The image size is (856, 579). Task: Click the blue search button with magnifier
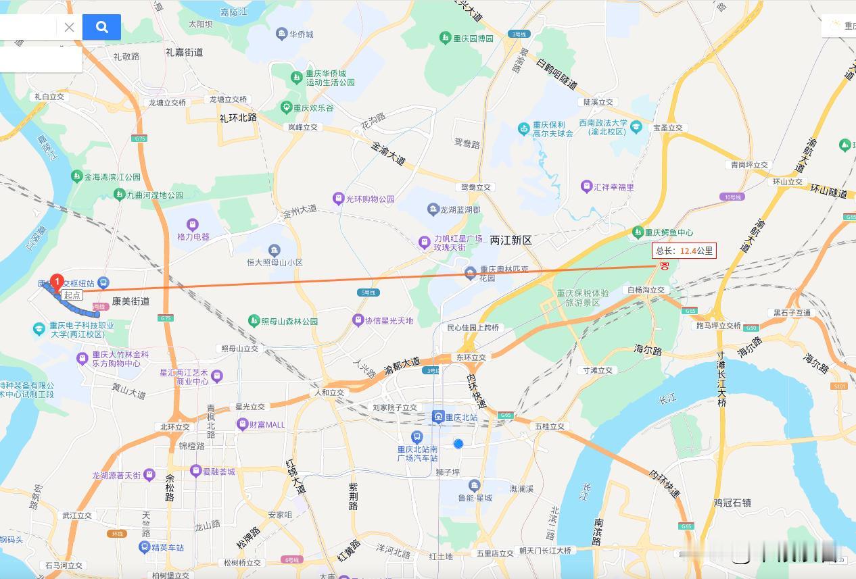pos(101,27)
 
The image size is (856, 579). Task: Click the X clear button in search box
pos(69,27)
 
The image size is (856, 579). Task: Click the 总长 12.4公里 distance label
pos(684,251)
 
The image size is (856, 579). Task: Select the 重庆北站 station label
pos(461,417)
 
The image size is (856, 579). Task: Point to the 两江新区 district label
pos(510,241)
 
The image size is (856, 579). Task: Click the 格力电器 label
pos(193,236)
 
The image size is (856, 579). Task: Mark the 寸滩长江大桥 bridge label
pos(721,379)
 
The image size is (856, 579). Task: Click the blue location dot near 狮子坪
pos(458,444)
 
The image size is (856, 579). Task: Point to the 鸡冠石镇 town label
pos(732,503)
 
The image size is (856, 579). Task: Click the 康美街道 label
pos(130,301)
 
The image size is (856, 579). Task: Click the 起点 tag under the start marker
pos(72,295)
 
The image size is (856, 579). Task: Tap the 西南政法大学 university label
pos(603,127)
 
